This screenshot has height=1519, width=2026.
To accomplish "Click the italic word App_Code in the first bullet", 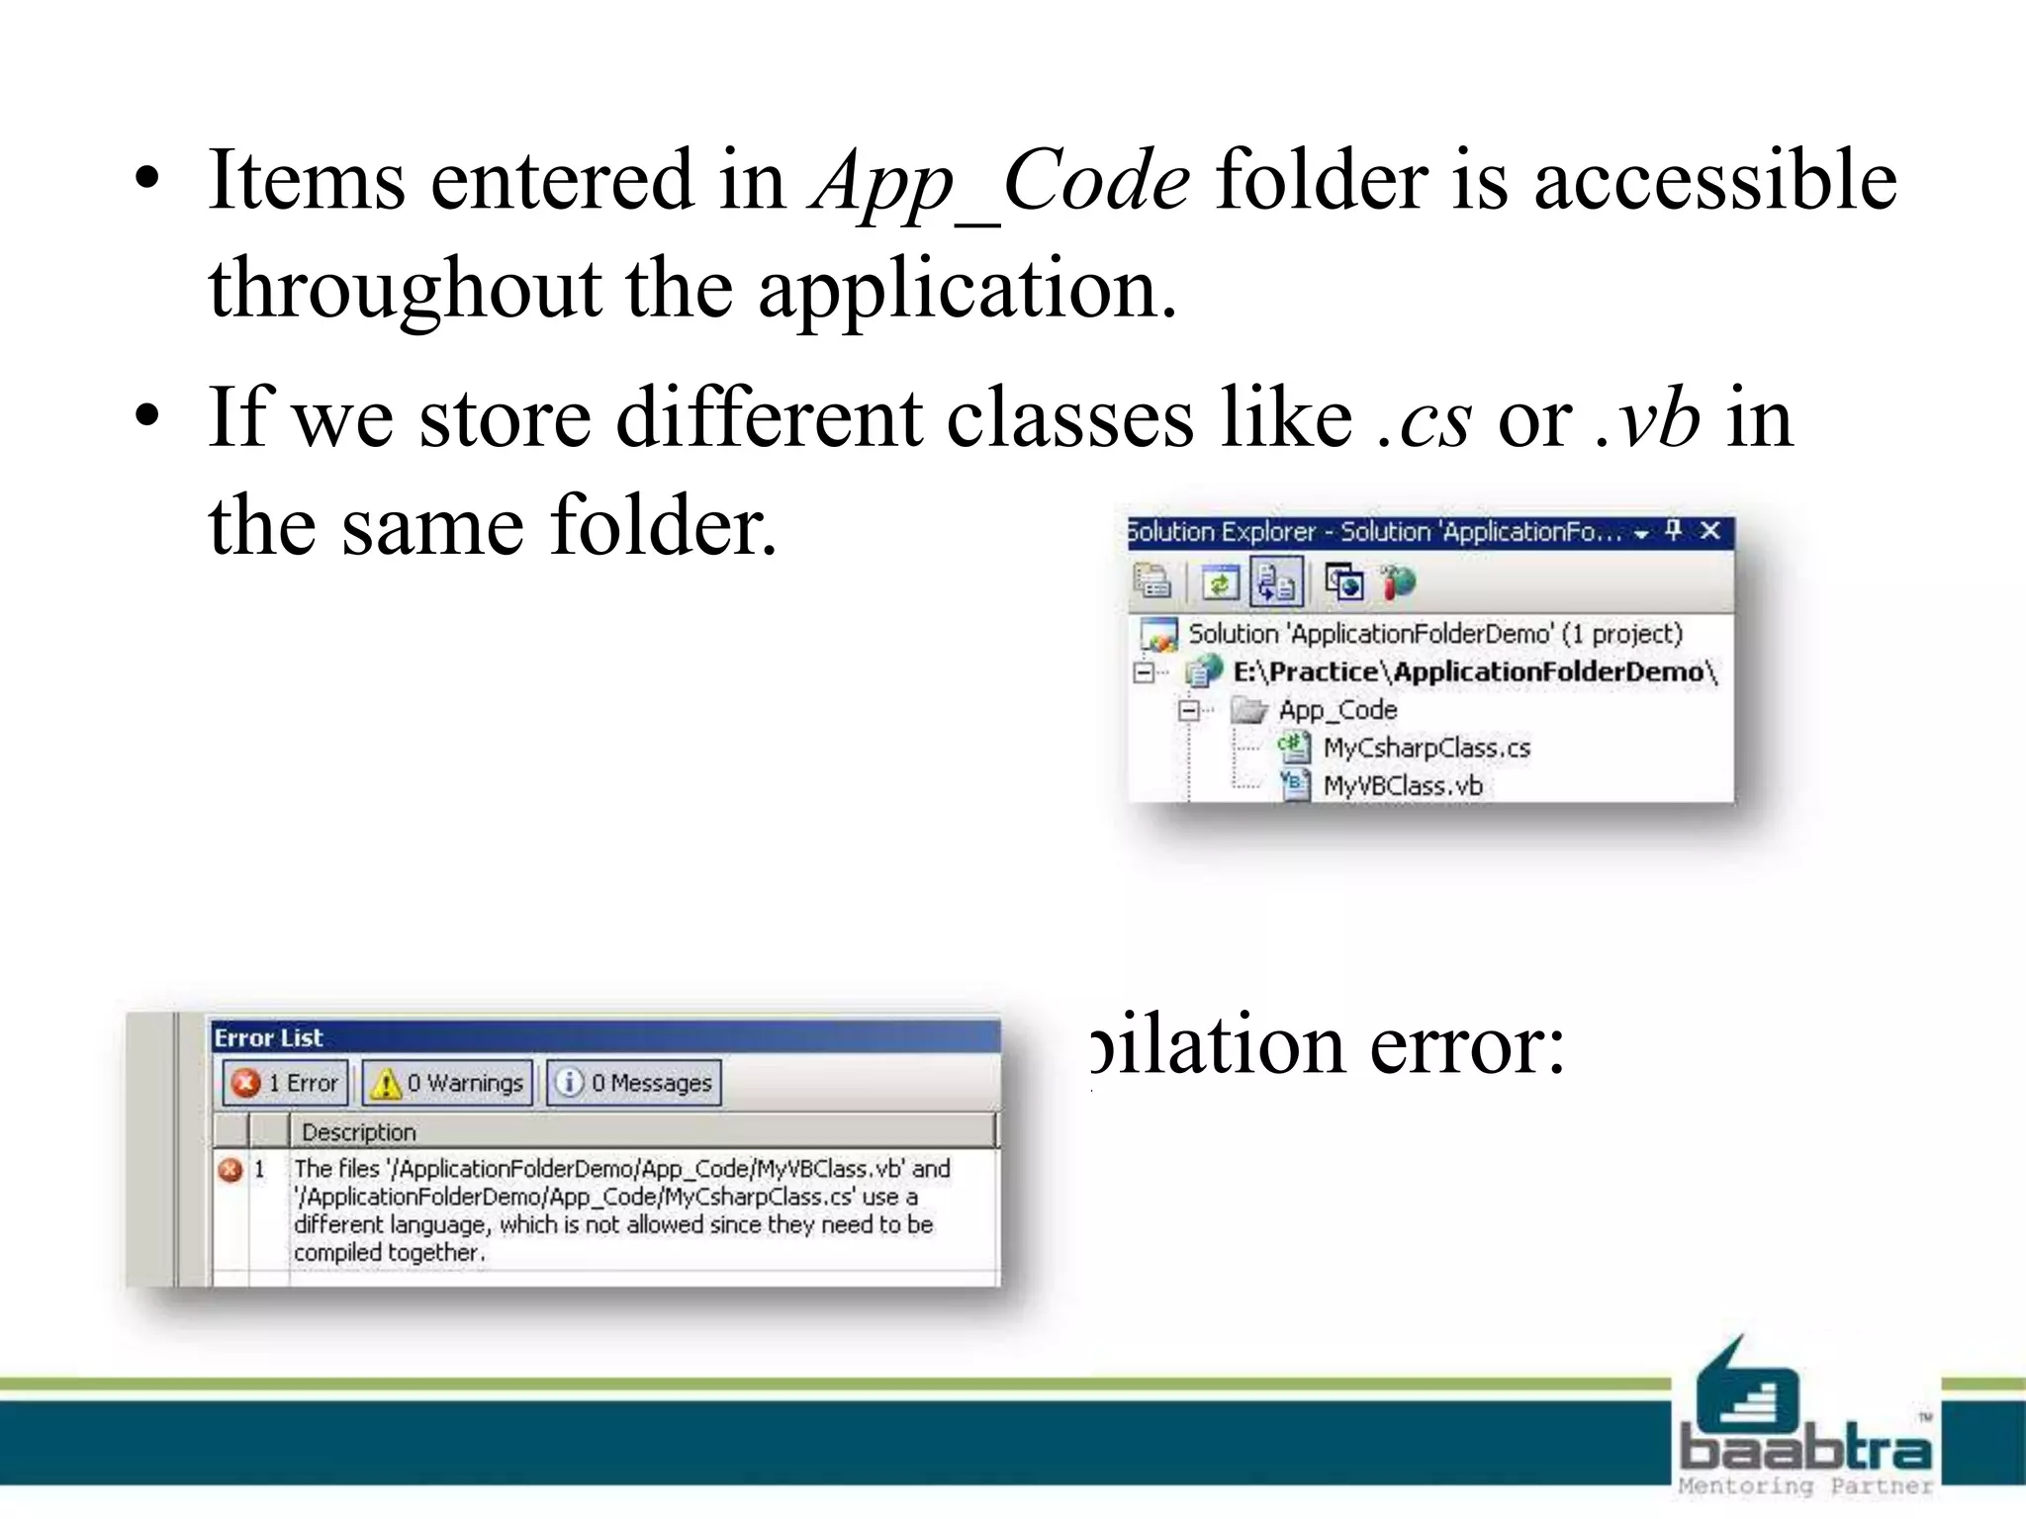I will point(999,181).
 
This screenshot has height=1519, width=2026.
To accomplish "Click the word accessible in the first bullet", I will point(1715,181).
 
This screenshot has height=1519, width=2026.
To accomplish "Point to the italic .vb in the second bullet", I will point(1647,419).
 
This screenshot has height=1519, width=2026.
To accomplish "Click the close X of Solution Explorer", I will point(1710,531).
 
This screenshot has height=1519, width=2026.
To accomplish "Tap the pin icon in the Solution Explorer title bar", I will point(1674,531).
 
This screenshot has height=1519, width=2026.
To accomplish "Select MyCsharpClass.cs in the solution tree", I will point(1426,748).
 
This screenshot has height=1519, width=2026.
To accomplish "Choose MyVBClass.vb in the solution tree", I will point(1402,786).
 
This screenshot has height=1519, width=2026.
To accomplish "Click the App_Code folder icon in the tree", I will point(1248,710).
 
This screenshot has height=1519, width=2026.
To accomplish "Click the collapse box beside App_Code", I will point(1189,710).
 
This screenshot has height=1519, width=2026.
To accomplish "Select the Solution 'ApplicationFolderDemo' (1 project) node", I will point(1434,634).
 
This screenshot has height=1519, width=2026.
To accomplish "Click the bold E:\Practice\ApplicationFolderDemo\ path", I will point(1474,672).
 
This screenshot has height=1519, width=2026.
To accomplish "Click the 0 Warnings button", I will point(447,1083).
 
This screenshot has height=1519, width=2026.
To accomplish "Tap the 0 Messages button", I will point(634,1083).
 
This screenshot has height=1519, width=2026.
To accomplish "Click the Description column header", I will point(358,1131).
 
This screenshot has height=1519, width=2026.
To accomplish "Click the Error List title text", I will point(268,1037).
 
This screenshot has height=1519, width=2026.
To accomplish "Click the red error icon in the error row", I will point(230,1170).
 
